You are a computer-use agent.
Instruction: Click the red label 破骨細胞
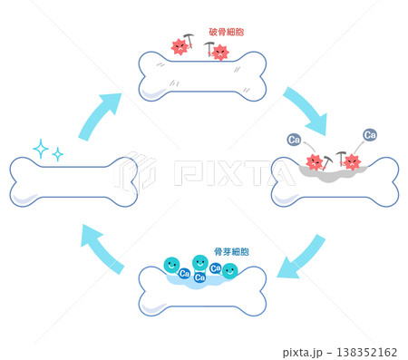227,32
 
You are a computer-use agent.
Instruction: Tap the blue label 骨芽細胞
231,251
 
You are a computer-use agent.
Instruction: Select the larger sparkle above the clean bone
41,149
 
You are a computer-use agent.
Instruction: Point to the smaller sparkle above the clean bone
57,154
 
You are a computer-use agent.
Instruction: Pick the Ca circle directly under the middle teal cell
199,277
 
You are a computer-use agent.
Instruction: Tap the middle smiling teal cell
200,262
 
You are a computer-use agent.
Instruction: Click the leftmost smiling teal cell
171,265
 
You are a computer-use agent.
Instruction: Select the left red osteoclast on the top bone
180,47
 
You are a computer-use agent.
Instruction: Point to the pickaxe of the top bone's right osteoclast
209,48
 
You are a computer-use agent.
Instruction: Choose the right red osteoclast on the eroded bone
352,161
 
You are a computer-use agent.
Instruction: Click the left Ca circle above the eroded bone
294,140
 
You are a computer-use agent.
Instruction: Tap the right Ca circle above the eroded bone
370,135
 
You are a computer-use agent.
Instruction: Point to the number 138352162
366,352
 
